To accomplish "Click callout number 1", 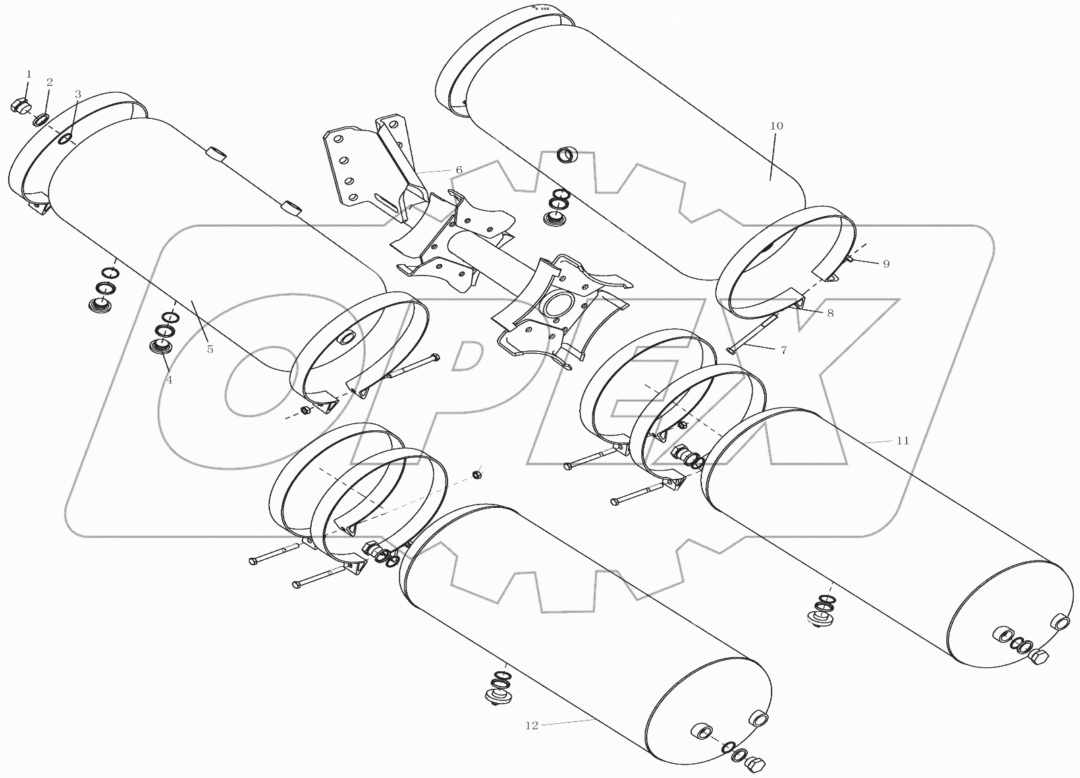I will point(28,74).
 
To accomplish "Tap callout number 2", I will point(49,82).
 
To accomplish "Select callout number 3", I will point(78,94).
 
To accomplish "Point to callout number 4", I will point(169,380).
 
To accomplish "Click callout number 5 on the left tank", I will point(210,349).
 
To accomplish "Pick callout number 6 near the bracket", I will point(459,170).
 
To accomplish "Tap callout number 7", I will point(783,351).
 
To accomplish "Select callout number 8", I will point(830,313).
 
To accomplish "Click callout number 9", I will point(886,264).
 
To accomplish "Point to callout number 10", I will point(776,126).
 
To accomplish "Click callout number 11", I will point(902,440).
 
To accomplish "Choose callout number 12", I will point(531,725).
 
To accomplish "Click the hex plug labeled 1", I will point(19,106).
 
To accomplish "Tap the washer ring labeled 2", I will point(40,120).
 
